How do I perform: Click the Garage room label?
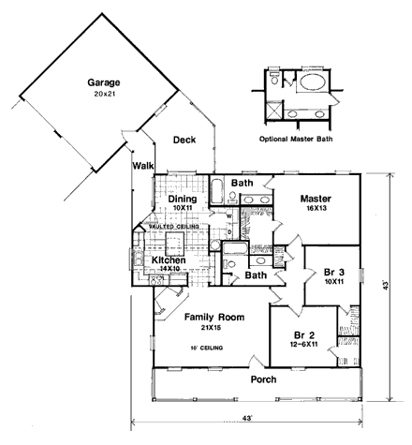pos(97,81)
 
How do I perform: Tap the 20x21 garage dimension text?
pos(97,94)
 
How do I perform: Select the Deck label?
pos(184,141)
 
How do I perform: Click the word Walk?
pos(142,166)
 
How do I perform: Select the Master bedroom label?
pos(316,199)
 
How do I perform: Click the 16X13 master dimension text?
pos(316,212)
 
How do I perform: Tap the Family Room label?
pos(213,318)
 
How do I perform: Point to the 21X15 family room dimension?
pos(213,330)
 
